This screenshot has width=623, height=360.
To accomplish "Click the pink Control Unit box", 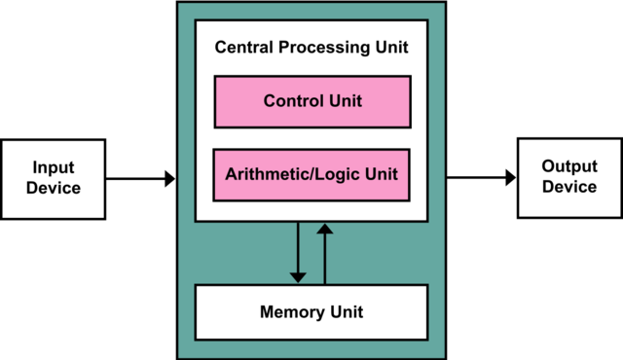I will click(311, 101).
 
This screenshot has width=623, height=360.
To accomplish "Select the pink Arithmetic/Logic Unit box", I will click(311, 176).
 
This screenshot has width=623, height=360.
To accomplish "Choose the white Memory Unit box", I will click(311, 312).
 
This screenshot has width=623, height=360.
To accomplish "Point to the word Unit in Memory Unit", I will click(346, 312).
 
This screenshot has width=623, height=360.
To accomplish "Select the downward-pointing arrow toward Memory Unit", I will click(299, 251).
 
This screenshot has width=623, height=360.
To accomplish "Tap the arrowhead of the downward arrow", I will click(299, 276).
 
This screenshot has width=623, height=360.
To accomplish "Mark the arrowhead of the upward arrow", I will click(325, 230).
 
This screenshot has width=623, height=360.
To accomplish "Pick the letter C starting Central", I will click(220, 48).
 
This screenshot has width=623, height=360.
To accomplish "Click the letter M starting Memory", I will click(267, 312).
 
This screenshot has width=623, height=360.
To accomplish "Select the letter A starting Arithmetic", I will click(232, 176).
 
